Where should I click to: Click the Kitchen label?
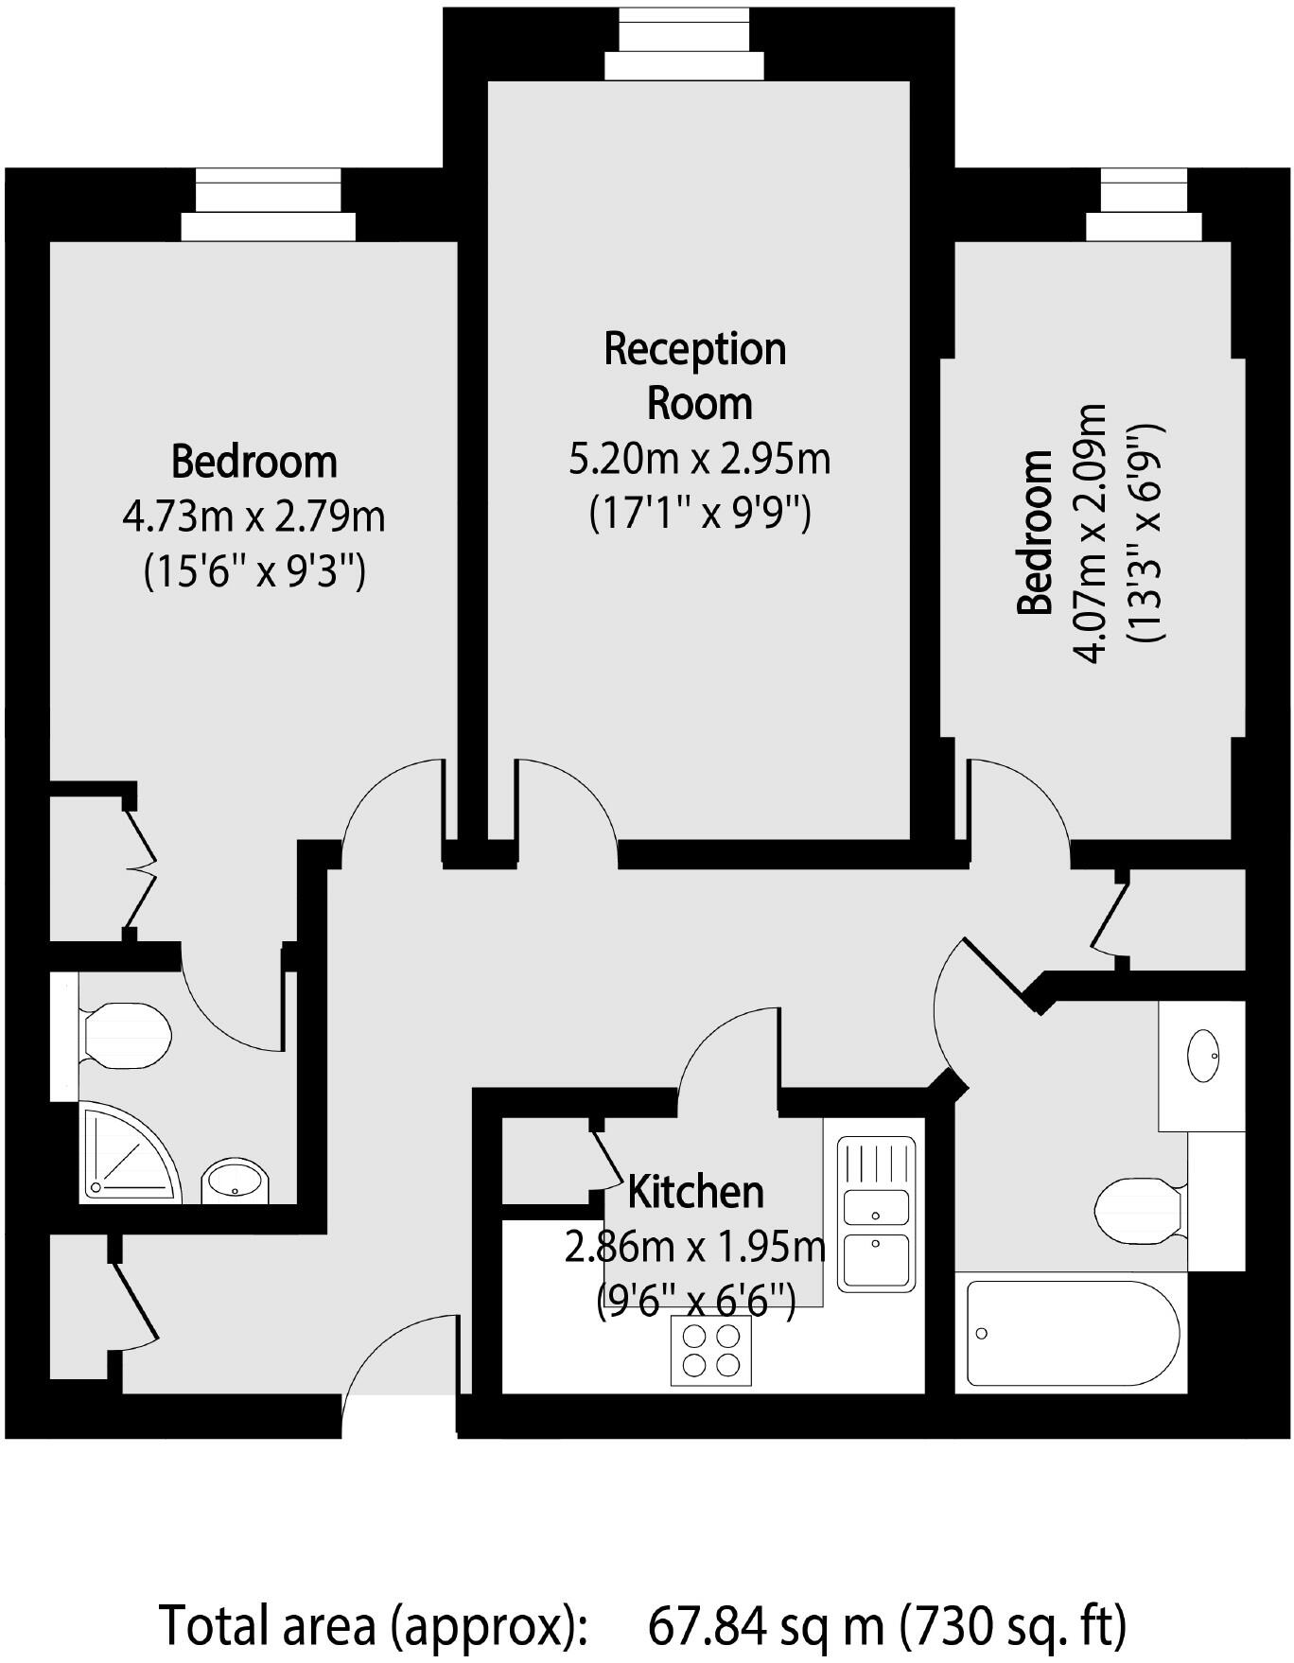click(695, 1192)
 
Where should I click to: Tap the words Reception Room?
click(696, 376)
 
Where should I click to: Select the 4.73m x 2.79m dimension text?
click(254, 517)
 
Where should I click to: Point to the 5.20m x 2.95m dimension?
click(699, 459)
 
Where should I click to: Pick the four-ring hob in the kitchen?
click(710, 1350)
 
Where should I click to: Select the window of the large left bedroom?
click(268, 204)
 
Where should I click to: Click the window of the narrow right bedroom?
click(1144, 204)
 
